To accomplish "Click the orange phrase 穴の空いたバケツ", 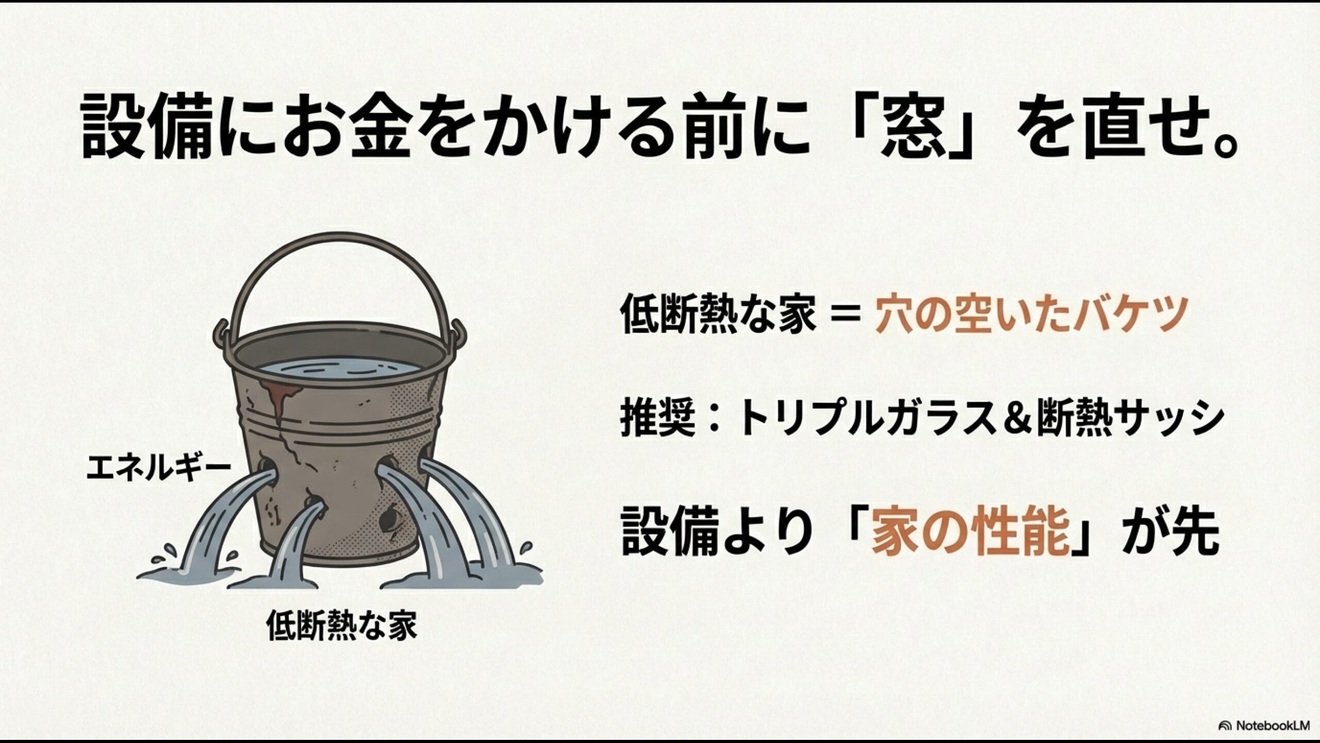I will [x=1029, y=315].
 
